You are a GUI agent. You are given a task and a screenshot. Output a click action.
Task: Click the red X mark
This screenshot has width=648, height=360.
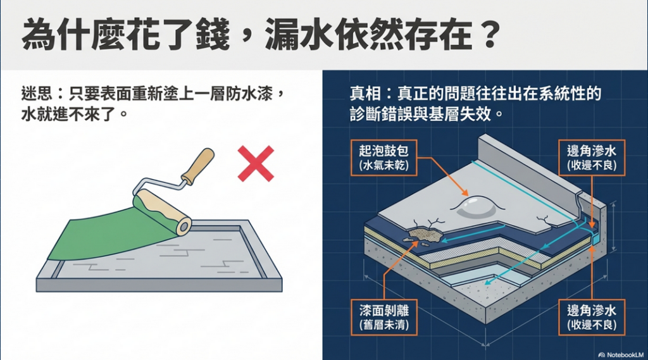[x=256, y=164]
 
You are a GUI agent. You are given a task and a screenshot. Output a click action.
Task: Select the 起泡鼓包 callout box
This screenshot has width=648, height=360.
[x=384, y=158]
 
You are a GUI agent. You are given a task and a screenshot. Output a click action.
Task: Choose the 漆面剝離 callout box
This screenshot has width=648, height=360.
[x=384, y=316]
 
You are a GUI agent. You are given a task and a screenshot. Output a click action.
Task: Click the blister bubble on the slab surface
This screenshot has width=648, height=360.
[x=476, y=206]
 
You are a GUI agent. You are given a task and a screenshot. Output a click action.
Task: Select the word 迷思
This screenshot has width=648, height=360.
[x=37, y=94]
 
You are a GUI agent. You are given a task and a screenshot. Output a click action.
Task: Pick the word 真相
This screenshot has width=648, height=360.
[x=365, y=94]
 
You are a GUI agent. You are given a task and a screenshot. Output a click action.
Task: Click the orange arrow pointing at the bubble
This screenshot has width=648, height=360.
[x=443, y=177]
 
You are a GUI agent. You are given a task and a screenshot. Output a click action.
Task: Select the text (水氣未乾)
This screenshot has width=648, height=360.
[x=384, y=166]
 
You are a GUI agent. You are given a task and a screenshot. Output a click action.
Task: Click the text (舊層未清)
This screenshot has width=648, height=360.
[x=384, y=325]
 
